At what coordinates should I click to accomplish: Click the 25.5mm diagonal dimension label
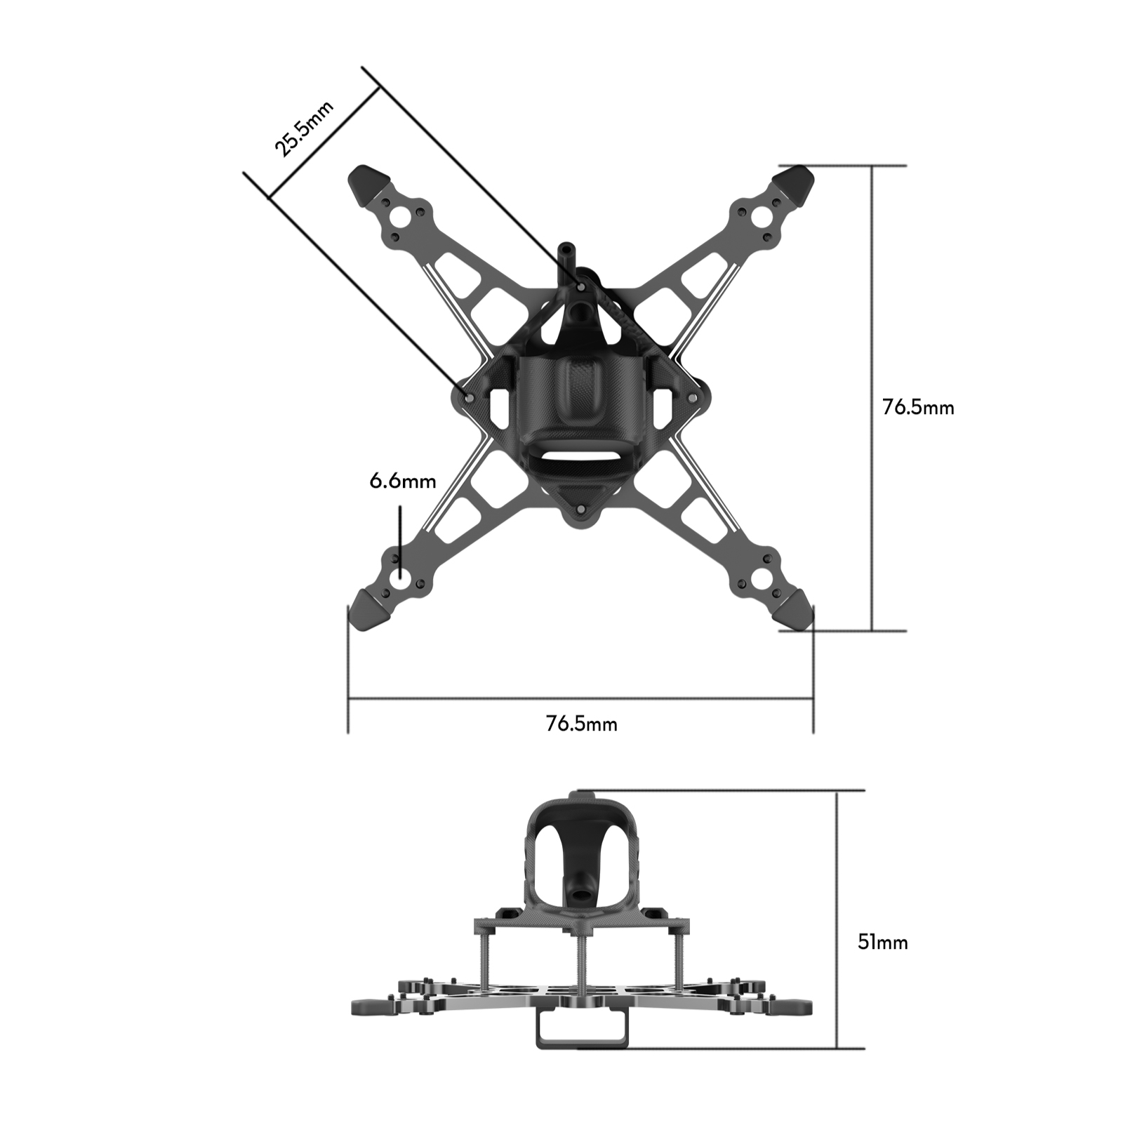pyautogui.click(x=303, y=128)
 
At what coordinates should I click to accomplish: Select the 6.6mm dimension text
pyautogui.click(x=402, y=481)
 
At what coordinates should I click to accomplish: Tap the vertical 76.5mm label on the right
pyautogui.click(x=917, y=408)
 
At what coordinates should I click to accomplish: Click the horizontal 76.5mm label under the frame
pyautogui.click(x=581, y=724)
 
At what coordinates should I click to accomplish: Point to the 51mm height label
pyautogui.click(x=882, y=942)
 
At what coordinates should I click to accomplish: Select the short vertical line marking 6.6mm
pyautogui.click(x=400, y=540)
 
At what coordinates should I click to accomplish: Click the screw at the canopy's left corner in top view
pyautogui.click(x=468, y=397)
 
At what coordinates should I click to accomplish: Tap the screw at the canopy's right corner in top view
pyautogui.click(x=693, y=397)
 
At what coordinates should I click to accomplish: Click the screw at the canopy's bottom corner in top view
pyautogui.click(x=580, y=509)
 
